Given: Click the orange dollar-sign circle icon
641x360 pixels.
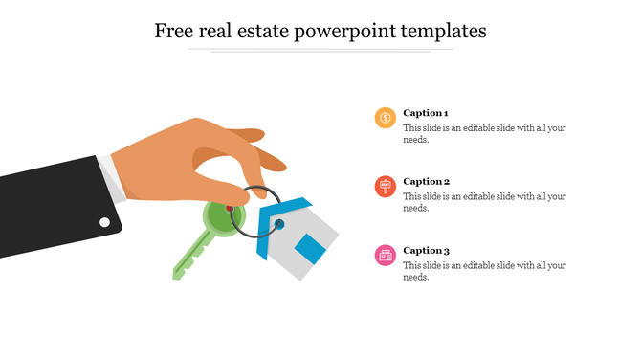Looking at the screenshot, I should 385,118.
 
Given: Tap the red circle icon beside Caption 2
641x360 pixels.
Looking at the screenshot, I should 385,187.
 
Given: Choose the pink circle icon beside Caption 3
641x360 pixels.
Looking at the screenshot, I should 385,255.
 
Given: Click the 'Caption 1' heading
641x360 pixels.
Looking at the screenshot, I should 426,112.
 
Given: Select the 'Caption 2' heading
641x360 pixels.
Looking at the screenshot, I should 426,181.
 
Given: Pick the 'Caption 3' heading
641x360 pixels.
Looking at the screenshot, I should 426,250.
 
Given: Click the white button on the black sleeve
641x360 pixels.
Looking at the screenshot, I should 104,222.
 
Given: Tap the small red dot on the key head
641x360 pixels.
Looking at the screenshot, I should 230,209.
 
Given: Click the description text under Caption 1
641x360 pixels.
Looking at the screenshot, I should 484,133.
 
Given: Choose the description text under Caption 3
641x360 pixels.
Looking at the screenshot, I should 484,271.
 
